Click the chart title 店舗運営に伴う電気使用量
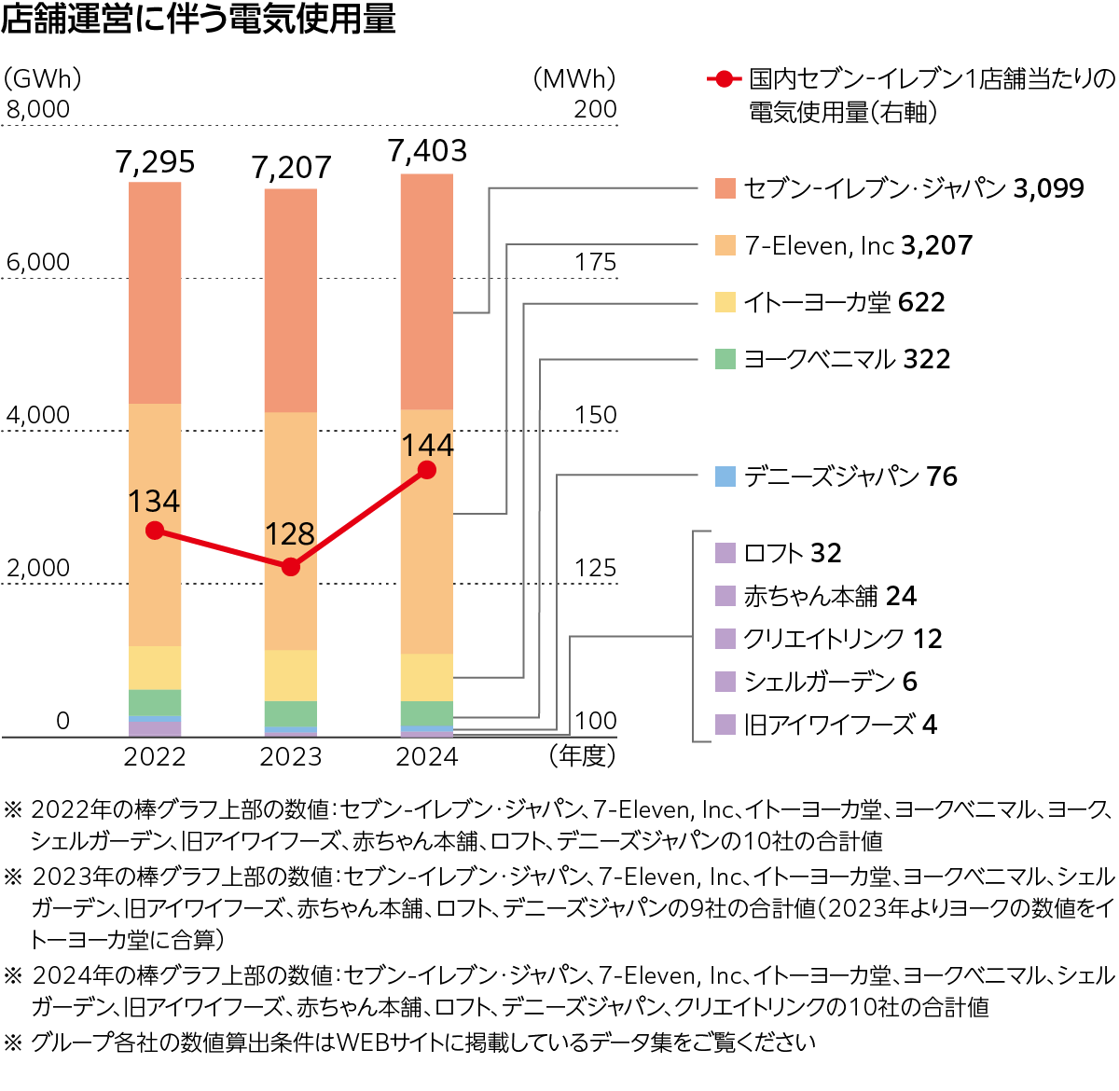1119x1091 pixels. coord(199,19)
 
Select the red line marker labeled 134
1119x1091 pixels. coord(156,531)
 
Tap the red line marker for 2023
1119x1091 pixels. coord(291,566)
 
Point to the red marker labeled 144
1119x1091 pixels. coord(427,470)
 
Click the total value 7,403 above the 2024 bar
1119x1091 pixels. coord(427,151)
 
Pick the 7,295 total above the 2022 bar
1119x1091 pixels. coord(156,163)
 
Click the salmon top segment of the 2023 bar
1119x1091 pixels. coord(291,300)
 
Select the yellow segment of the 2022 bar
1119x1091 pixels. coord(155,668)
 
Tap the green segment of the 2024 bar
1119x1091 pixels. coord(427,713)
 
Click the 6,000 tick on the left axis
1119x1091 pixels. coord(38,263)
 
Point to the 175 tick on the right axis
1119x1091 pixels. coord(595,263)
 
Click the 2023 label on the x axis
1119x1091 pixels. coord(291,757)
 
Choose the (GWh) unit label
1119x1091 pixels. coord(42,79)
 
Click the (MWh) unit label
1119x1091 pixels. coord(574,79)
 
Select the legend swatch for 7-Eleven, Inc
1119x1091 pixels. coord(725,245)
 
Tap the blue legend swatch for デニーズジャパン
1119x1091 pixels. coord(725,476)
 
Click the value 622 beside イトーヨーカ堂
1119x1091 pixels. coord(921,303)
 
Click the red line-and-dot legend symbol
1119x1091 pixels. coord(724,79)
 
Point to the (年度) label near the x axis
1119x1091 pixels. coord(583,755)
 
